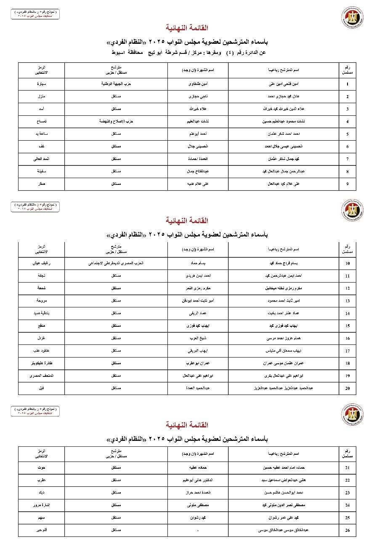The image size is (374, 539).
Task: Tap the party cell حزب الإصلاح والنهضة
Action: pos(116,122)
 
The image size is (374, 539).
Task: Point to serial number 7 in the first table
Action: pos(347,159)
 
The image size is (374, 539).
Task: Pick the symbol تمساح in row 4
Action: pos(41,122)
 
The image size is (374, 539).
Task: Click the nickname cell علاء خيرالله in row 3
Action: pos(197,109)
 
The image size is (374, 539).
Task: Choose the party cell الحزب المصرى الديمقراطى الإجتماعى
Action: pos(116,264)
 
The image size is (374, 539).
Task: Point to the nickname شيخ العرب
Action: pos(197,326)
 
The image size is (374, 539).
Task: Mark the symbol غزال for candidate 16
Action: pos(41,326)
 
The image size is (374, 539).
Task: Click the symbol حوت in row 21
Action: pos(41,468)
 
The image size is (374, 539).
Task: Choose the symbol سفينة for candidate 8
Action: pos(41,172)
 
